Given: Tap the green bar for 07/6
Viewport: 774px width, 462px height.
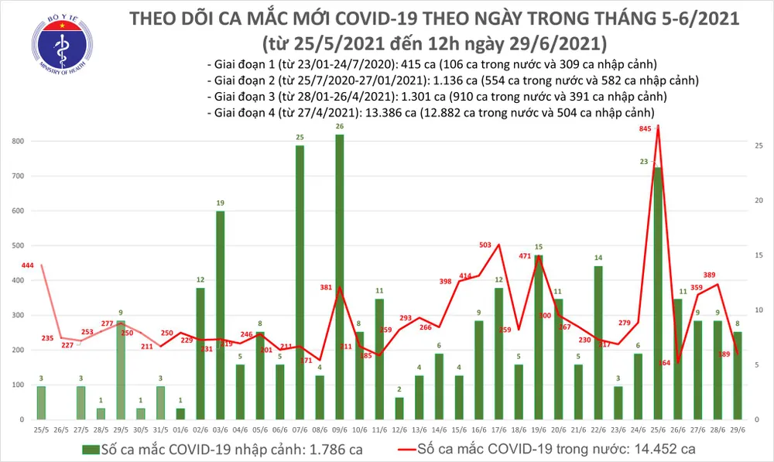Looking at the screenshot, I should click(x=299, y=282).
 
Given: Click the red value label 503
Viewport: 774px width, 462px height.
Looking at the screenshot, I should click(x=485, y=245).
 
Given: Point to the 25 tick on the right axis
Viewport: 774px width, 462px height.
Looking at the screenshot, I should click(x=760, y=145).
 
